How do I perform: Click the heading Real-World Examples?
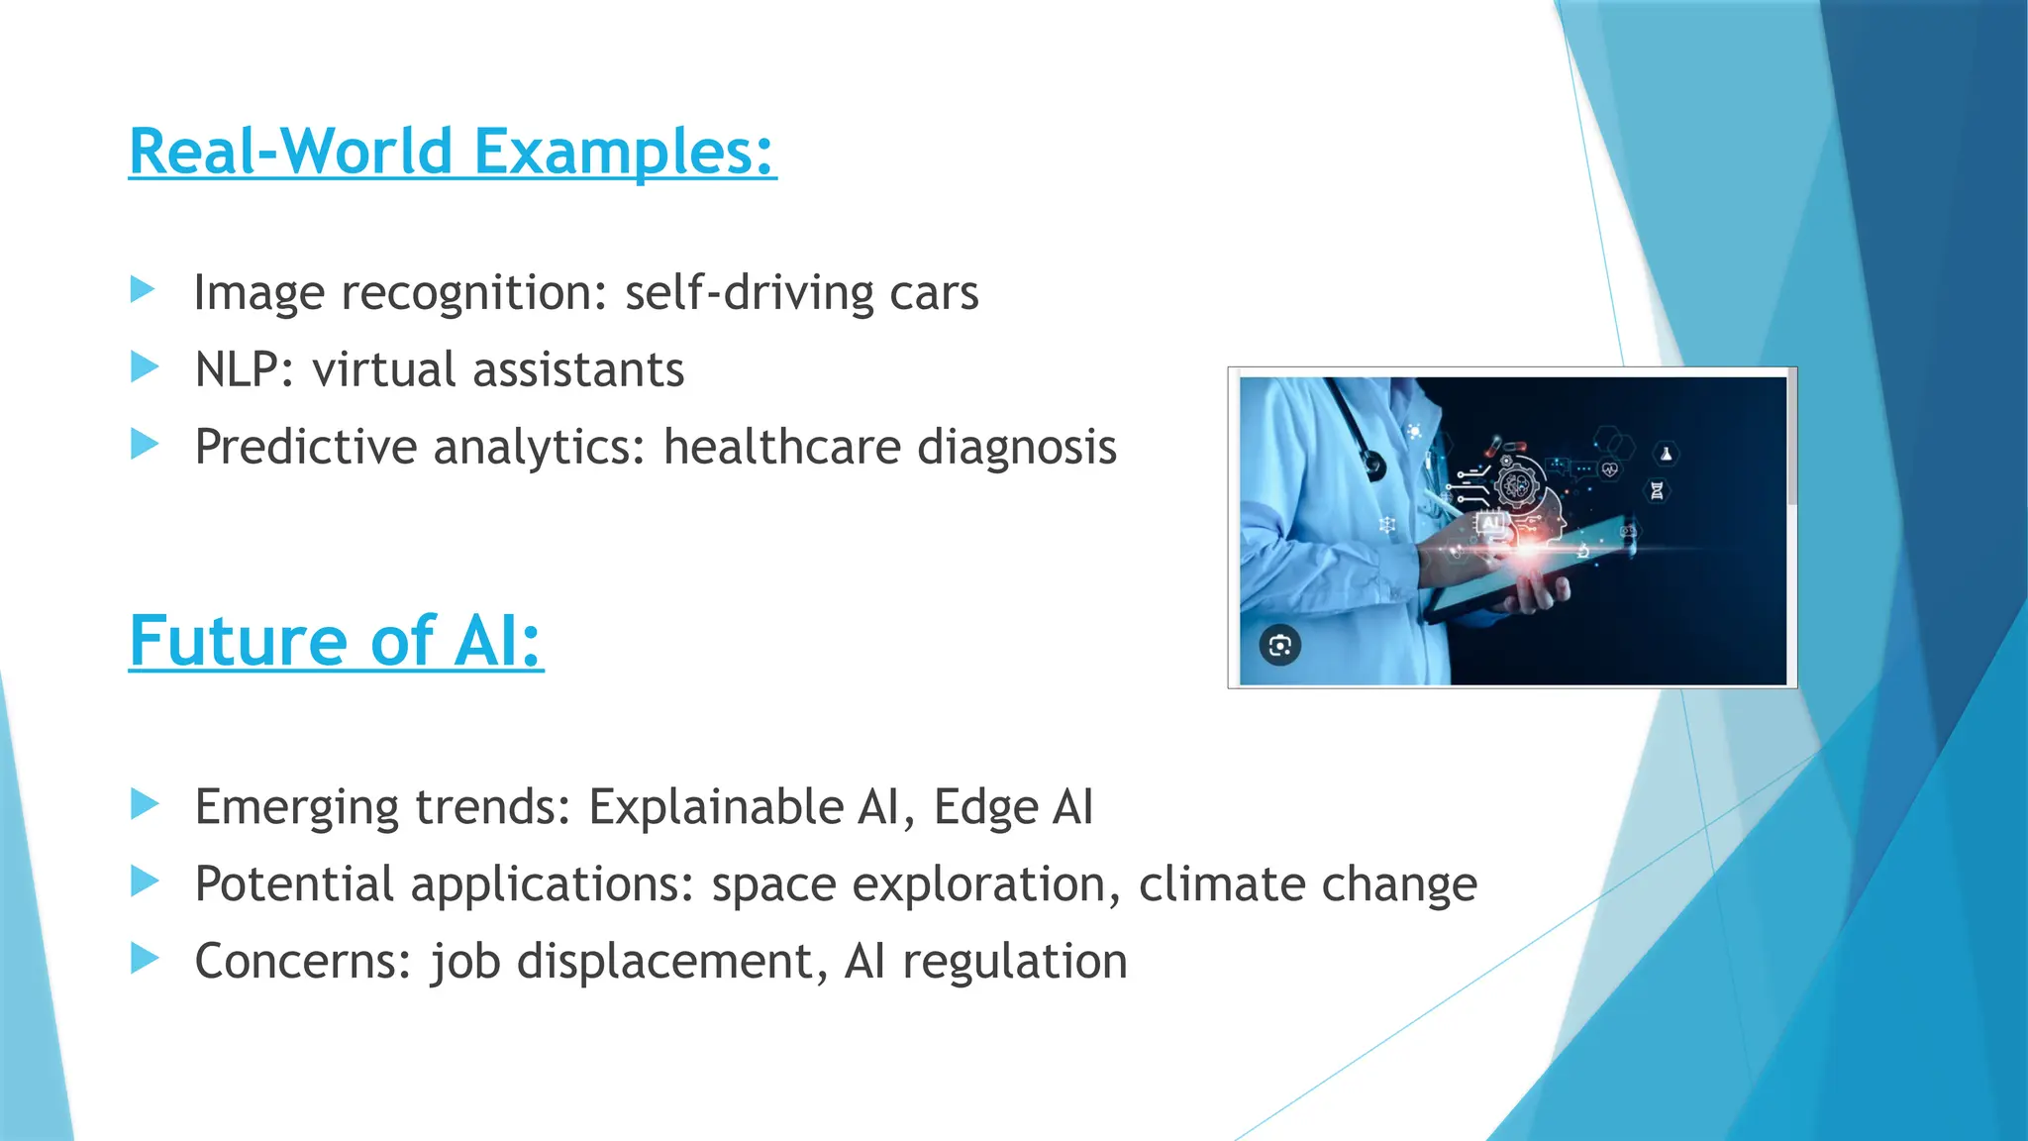[x=453, y=152]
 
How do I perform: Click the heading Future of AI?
[x=336, y=641]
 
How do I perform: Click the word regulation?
[x=1015, y=962]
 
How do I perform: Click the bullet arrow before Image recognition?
[x=144, y=290]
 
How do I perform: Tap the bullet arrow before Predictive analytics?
[x=145, y=444]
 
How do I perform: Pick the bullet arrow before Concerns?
[x=145, y=958]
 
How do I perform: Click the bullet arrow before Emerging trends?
[x=145, y=803]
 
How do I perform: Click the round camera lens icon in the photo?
[x=1279, y=646]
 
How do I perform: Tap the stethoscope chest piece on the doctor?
[x=1372, y=465]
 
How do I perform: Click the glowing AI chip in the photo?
[x=1491, y=522]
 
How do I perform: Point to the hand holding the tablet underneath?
[x=1541, y=594]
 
